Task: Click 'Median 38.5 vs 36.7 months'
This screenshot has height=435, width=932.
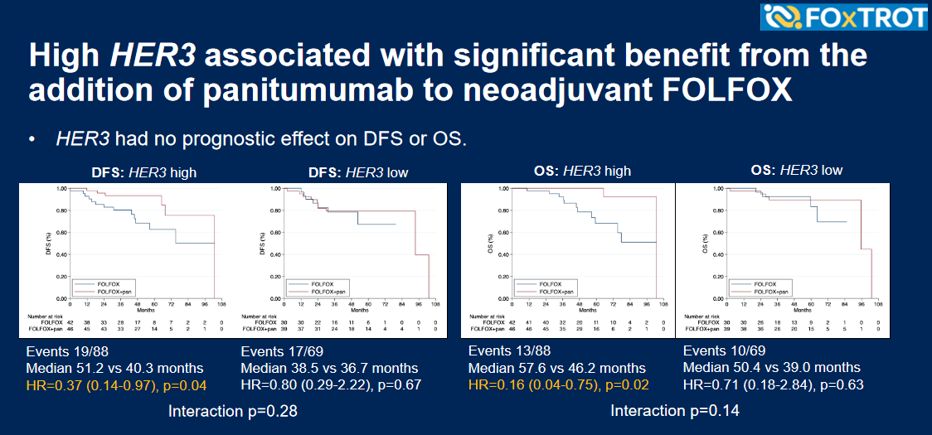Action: pyautogui.click(x=328, y=368)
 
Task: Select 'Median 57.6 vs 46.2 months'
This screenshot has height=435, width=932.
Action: pyautogui.click(x=557, y=368)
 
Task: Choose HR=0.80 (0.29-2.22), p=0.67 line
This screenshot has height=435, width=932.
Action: pyautogui.click(x=331, y=384)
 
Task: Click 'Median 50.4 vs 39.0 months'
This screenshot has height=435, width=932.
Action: pyautogui.click(x=770, y=367)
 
